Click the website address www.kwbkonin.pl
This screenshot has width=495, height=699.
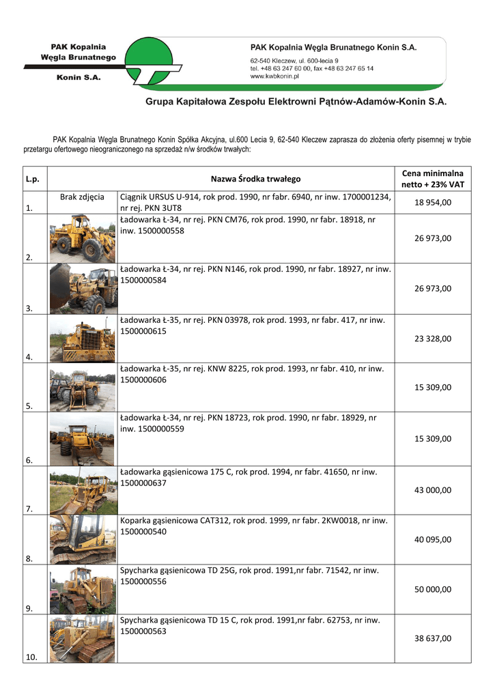(280, 76)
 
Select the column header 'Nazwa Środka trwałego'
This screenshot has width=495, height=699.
(255, 180)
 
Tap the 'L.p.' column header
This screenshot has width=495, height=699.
(31, 180)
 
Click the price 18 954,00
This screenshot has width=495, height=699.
(432, 203)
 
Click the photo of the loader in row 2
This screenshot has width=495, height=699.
(83, 239)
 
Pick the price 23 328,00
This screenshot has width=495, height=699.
(432, 339)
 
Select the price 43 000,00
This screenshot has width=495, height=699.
(432, 490)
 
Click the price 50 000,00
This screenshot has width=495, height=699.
(432, 589)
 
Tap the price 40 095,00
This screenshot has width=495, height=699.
(432, 539)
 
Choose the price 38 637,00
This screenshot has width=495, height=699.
(432, 639)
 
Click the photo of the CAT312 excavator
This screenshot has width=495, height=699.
(83, 539)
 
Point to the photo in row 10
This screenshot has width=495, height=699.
(83, 639)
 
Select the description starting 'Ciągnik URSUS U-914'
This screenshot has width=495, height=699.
(255, 202)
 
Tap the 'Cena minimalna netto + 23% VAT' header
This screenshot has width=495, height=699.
(432, 179)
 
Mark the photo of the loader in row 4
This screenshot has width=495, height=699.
(83, 339)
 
